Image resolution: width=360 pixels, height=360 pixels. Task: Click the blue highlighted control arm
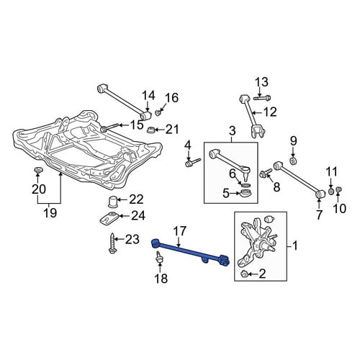tap(189, 251)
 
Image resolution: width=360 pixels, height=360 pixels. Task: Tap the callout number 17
tap(179, 232)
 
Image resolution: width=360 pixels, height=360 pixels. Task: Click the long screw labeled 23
tap(112, 243)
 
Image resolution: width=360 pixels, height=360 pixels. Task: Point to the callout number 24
tap(138, 216)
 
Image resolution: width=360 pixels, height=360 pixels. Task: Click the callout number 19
tap(50, 213)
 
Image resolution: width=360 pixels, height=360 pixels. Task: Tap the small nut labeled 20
tap(37, 170)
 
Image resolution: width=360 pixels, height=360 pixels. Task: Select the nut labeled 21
tap(150, 130)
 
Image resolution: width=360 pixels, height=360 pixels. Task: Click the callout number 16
tap(172, 98)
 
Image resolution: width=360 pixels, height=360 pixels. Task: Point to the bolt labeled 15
tap(110, 127)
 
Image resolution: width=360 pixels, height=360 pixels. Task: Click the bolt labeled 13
tap(262, 98)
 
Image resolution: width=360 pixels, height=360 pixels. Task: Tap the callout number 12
tap(270, 112)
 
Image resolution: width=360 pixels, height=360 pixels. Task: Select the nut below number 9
tap(293, 161)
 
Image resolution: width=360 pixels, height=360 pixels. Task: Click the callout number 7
tap(319, 215)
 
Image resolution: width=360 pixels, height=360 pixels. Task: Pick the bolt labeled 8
tap(266, 173)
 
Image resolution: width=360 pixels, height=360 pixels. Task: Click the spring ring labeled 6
tap(246, 185)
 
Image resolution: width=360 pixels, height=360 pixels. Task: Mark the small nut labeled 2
tap(244, 274)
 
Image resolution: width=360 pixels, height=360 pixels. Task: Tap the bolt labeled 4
tap(192, 162)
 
